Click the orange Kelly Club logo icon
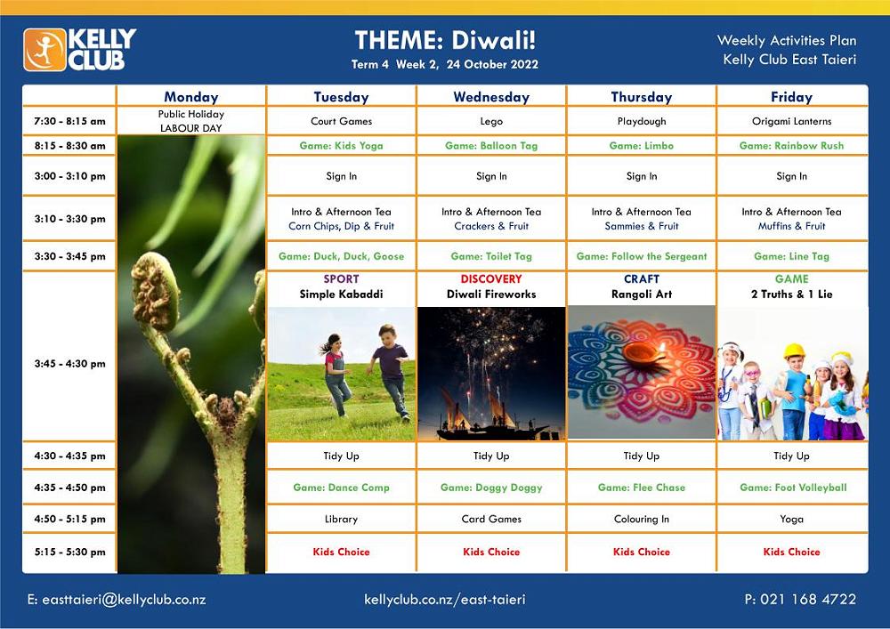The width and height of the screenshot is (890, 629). tap(44, 50)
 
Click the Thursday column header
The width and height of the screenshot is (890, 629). tap(642, 97)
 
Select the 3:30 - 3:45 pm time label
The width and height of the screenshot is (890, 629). tap(69, 256)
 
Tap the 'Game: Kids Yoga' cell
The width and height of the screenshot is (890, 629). tap(341, 146)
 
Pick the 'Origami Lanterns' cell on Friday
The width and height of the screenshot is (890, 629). tap(791, 121)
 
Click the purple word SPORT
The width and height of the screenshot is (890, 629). tap(341, 279)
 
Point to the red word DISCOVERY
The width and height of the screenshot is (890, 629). tap(491, 279)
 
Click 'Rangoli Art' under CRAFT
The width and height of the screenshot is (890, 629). tap(642, 294)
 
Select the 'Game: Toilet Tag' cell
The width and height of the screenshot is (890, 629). tap(491, 256)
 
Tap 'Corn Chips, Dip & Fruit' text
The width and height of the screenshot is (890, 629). tap(341, 226)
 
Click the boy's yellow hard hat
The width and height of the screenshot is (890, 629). tap(795, 351)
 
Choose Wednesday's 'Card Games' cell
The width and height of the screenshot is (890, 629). tap(491, 519)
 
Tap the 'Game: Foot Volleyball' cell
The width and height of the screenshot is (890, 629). tap(793, 488)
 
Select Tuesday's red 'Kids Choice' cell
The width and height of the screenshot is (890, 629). tap(341, 552)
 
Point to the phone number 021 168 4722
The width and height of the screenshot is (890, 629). tap(808, 599)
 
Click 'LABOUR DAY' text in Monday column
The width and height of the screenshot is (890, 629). tap(190, 128)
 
